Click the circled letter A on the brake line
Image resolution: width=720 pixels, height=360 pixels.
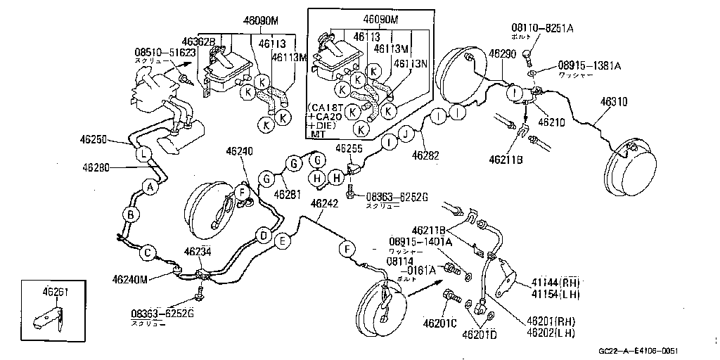point(149,186)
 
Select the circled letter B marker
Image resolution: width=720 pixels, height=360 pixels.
point(130,214)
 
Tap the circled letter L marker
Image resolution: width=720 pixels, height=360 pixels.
point(142,154)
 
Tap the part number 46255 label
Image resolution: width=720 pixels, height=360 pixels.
point(349,148)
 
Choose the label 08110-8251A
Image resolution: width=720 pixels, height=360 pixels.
point(542,28)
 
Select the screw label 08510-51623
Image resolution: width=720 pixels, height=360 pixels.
point(166,52)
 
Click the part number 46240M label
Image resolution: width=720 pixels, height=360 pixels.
point(129,279)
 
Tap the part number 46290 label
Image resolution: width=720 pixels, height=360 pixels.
point(503,53)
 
